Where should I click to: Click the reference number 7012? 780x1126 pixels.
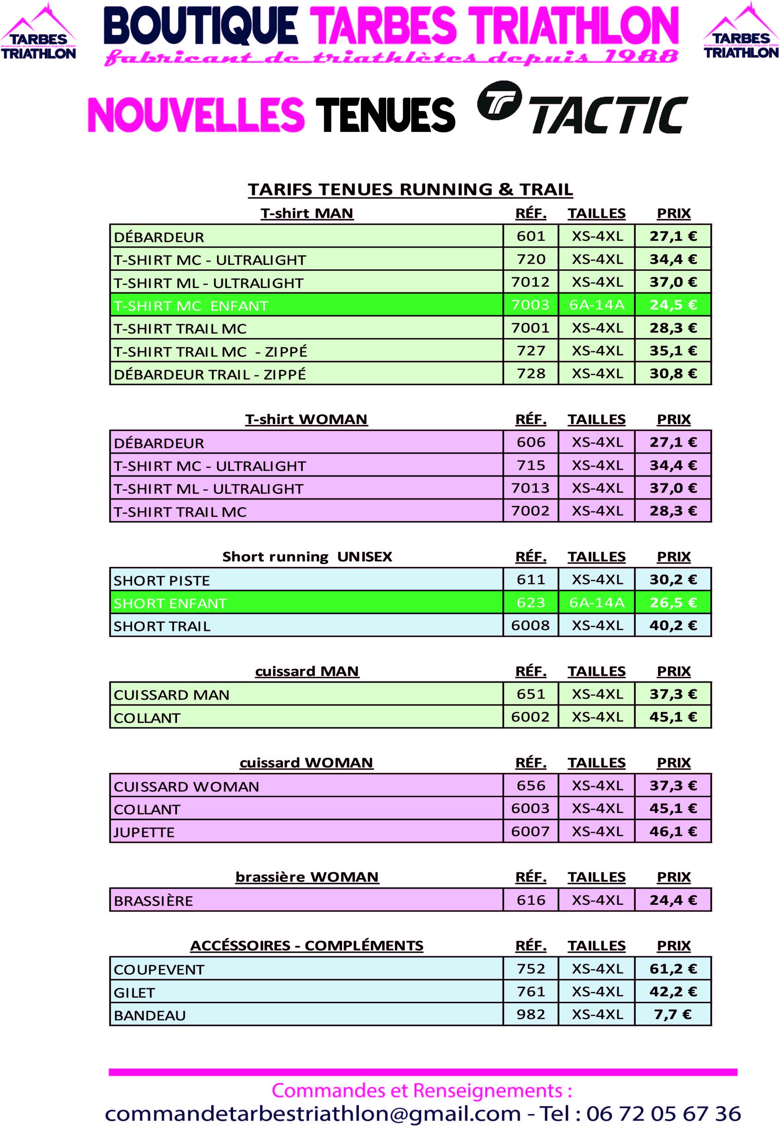530,282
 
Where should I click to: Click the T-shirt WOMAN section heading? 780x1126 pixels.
306,419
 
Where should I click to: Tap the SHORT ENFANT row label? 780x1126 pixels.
170,603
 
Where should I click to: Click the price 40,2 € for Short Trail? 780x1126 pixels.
673,625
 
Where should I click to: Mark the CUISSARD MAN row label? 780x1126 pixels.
172,695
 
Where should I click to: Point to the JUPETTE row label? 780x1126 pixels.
144,832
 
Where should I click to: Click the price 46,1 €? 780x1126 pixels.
673,831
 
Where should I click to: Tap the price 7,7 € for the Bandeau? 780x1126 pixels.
673,1014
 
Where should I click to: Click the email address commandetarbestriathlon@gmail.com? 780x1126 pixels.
313,1113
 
